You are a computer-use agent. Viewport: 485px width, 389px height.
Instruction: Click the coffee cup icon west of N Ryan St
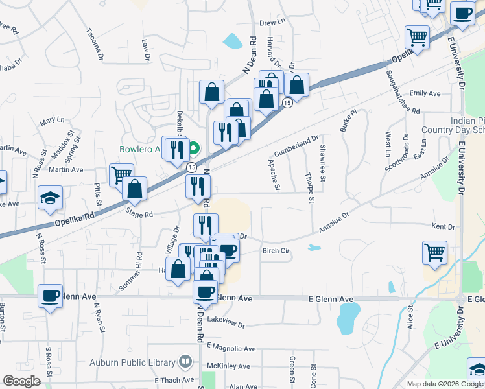[50, 296]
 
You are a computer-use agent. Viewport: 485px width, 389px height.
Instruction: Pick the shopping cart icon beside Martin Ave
[121, 174]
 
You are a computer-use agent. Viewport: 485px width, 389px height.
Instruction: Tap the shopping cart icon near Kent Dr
[434, 251]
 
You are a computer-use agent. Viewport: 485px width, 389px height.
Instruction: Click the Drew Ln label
[272, 22]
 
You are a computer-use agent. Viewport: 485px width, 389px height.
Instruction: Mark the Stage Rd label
[139, 212]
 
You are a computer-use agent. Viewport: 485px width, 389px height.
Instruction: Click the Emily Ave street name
[425, 93]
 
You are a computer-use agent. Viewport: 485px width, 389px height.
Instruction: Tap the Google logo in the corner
[21, 381]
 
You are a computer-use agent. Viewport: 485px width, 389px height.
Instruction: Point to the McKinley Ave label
[229, 366]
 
